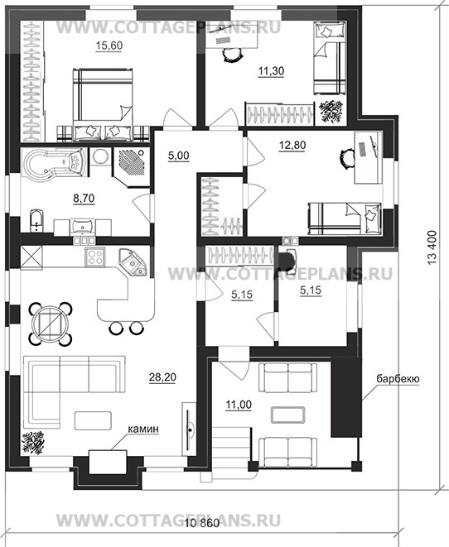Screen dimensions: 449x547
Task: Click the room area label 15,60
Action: (109, 46)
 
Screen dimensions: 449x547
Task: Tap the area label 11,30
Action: (271, 71)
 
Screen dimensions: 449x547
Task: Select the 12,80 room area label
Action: (292, 145)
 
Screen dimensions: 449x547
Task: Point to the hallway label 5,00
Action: (179, 156)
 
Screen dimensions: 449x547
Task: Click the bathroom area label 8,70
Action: (84, 198)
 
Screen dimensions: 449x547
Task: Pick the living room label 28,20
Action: (162, 377)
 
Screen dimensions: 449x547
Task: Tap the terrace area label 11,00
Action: (239, 405)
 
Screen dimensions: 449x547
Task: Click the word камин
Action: (143, 429)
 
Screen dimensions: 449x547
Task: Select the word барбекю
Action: (398, 379)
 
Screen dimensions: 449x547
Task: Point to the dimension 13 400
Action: (432, 247)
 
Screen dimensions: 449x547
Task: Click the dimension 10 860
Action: (202, 523)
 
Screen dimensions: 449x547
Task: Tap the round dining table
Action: (50, 324)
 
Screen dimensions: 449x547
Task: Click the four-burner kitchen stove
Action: (94, 257)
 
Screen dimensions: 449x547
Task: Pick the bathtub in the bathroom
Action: (54, 163)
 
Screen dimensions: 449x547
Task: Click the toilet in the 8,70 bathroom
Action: (36, 220)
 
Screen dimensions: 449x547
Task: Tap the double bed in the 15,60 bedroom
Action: (103, 105)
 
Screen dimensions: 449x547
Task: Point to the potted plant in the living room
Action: (33, 443)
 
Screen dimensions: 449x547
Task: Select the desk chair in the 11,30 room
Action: (231, 54)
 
